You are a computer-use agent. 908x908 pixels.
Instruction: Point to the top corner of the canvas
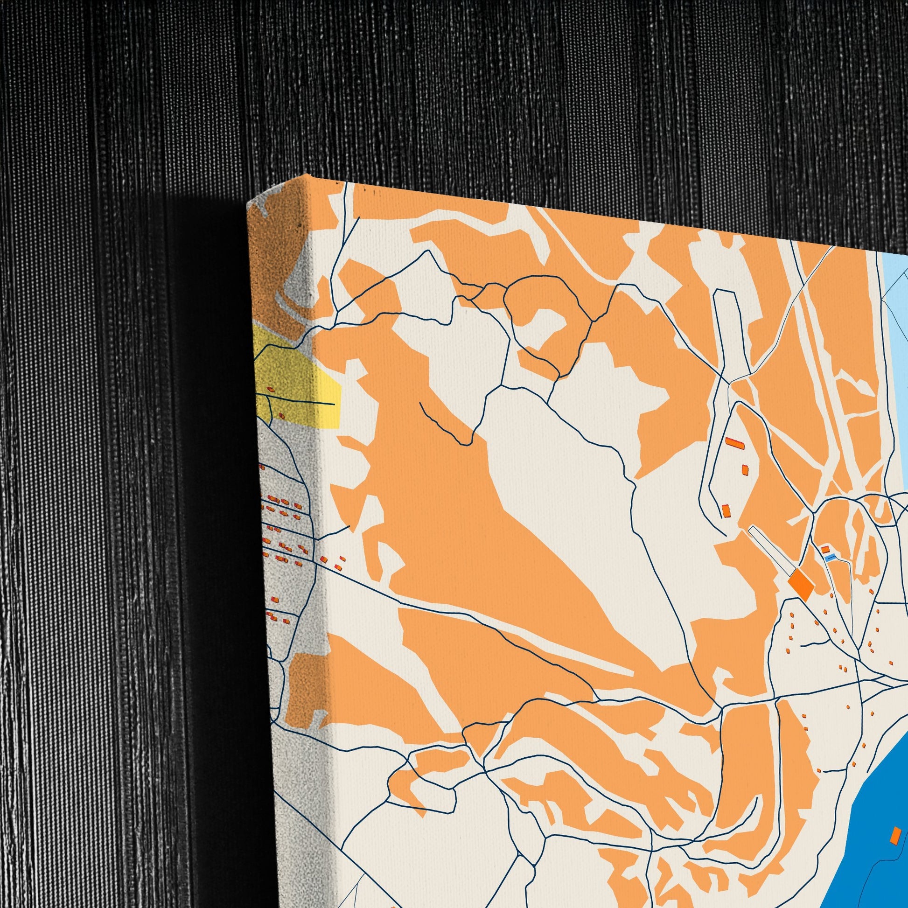[x=308, y=176]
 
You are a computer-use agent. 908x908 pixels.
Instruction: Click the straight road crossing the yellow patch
[x=306, y=402]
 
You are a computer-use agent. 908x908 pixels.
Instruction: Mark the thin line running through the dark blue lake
[x=884, y=869]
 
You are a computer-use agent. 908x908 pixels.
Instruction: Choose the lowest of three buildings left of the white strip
[x=726, y=510]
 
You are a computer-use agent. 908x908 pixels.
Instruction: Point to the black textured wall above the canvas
[x=470, y=94]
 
